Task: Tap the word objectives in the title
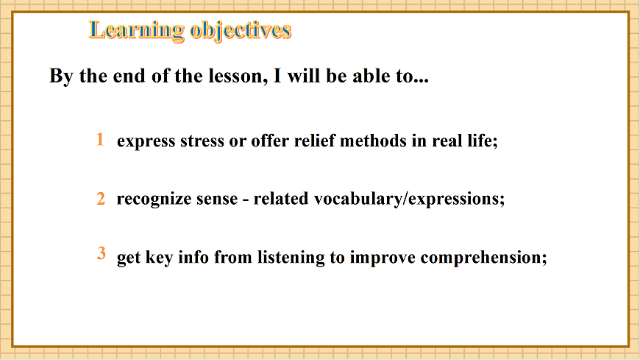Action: [241, 30]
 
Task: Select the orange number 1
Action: [99, 139]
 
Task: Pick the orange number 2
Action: [101, 199]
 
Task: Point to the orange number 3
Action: [102, 254]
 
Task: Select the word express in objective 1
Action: [146, 141]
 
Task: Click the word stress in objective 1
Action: [201, 141]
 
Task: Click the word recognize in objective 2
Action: [153, 200]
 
